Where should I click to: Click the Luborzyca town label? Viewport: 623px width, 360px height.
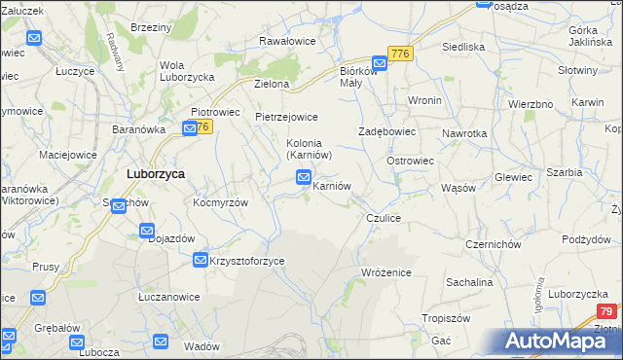coord(156,174)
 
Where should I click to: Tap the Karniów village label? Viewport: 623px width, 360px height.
coord(331,185)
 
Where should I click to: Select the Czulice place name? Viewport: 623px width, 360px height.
coord(384,219)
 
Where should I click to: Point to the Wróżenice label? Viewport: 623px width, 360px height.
coord(386,272)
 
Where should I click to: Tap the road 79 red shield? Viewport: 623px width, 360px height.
coord(606,311)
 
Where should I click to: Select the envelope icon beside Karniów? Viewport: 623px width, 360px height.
coord(304,177)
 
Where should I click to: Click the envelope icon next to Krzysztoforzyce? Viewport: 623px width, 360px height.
coord(200,260)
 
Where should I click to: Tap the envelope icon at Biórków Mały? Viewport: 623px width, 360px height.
coord(379,62)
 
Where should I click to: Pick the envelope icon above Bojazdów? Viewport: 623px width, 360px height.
coord(147,232)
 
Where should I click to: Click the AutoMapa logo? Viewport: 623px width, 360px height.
coord(558,341)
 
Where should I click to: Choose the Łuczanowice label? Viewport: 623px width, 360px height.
coord(168,297)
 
